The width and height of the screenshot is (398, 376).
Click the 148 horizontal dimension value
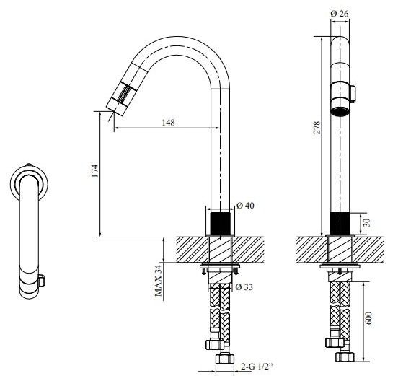click(167, 123)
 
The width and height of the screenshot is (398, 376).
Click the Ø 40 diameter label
click(246, 206)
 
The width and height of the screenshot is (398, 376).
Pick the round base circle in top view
click(29, 181)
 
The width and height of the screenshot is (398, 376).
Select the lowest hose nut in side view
click(223, 359)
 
